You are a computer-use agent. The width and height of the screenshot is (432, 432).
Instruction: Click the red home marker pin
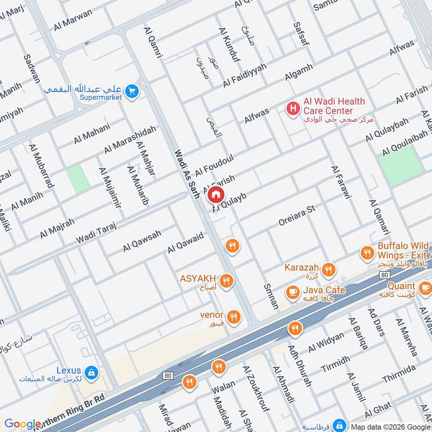[x=215, y=194]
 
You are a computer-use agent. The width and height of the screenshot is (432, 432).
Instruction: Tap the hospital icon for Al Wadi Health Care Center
[x=293, y=109]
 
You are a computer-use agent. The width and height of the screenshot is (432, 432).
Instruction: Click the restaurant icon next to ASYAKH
[x=226, y=280]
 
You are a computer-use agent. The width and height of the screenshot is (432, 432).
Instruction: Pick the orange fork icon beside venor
[x=233, y=317]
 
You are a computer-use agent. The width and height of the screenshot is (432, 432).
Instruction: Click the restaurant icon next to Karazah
[x=328, y=269]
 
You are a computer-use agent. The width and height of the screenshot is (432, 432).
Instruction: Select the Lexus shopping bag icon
[x=92, y=372]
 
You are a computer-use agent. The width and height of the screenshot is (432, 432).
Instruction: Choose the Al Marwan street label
[x=73, y=21]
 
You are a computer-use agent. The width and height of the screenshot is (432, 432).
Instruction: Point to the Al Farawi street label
[x=341, y=181]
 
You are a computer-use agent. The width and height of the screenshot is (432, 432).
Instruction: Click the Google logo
[x=23, y=424]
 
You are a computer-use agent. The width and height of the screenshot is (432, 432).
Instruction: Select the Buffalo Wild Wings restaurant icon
[x=367, y=252]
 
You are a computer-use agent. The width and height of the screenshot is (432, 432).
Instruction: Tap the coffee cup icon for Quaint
[x=424, y=287]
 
